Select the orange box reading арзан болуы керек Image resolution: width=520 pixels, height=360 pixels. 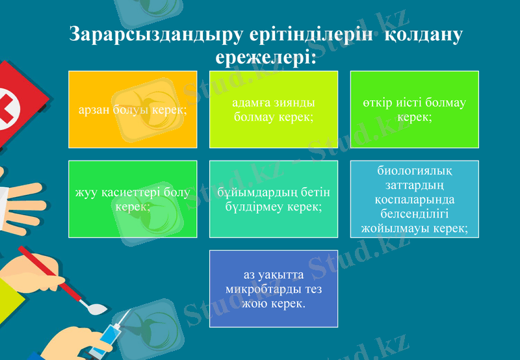click(133, 109)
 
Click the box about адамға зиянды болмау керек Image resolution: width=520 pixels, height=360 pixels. click(274, 109)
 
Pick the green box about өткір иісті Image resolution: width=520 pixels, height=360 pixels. click(415, 109)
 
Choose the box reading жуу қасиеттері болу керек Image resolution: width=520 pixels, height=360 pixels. click(133, 199)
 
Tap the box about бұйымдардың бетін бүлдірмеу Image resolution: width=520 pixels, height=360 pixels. click(274, 199)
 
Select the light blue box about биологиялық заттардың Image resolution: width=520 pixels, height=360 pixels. click(415, 199)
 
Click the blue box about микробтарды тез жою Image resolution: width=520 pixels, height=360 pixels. click(274, 289)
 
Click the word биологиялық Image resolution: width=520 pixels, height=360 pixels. click(415, 171)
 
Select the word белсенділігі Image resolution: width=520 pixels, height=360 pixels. click(415, 214)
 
